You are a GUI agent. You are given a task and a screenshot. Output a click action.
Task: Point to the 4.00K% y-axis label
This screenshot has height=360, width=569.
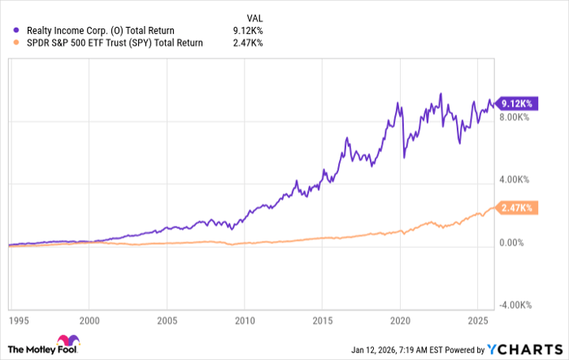(515, 180)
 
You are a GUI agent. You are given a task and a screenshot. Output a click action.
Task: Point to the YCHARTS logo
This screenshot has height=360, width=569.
(524, 349)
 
